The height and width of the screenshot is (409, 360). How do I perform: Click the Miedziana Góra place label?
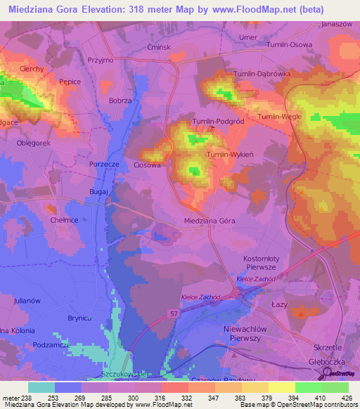click(x=209, y=221)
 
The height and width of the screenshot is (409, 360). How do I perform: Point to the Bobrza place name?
click(x=120, y=101)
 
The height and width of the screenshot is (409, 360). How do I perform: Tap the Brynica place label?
click(x=80, y=318)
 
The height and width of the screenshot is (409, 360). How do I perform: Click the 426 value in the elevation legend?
click(x=346, y=398)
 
